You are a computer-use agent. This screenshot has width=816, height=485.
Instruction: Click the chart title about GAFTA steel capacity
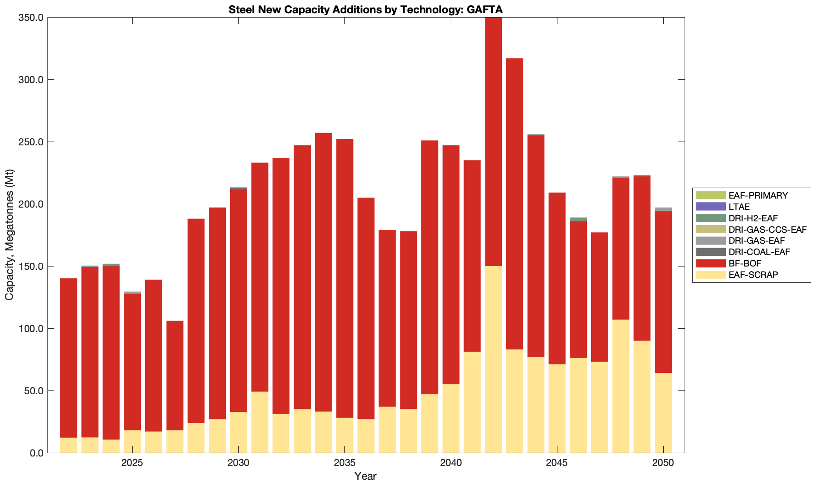tap(365, 10)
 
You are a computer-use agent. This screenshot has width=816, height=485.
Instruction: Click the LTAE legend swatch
tap(711, 207)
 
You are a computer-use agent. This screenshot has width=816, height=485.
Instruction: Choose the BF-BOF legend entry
tap(744, 263)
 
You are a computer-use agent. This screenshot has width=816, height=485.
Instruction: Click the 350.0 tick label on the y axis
tap(31, 18)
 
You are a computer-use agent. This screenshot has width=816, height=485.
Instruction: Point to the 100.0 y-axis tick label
tap(31, 329)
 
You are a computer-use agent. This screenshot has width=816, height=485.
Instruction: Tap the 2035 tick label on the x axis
tap(344, 463)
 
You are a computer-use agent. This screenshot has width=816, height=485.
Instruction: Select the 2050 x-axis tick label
tap(663, 463)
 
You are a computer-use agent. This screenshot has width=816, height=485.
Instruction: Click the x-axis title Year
tap(365, 476)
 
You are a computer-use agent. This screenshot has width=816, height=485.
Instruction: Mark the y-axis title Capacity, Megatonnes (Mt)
tap(9, 235)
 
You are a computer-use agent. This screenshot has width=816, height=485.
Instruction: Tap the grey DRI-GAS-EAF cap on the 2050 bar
tap(663, 209)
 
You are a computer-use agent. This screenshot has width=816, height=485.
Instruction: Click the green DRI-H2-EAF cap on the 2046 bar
tap(578, 219)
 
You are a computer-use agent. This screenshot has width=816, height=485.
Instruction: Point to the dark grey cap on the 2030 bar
tap(238, 189)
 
